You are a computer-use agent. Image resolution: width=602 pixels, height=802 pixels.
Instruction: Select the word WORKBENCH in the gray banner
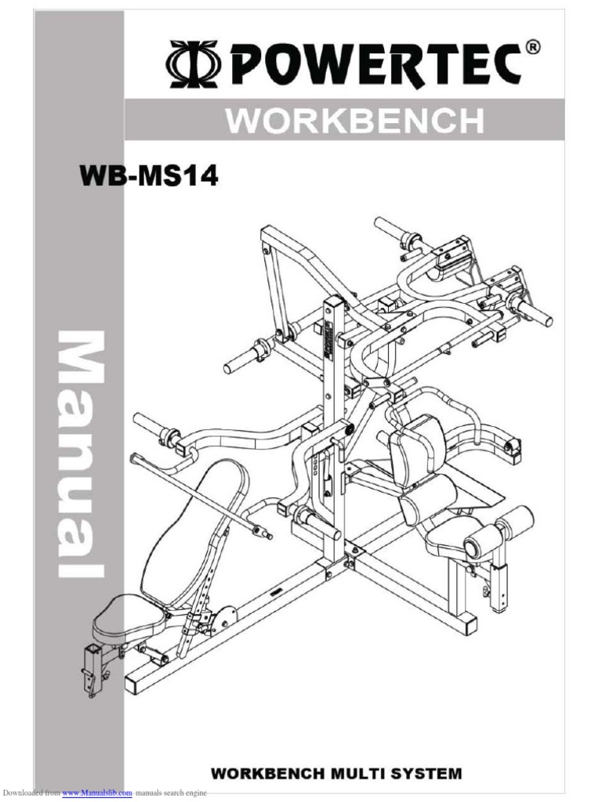(354, 122)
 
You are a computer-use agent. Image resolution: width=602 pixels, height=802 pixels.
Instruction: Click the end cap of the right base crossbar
(468, 624)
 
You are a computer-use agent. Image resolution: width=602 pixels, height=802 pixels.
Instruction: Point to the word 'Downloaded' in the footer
(20, 794)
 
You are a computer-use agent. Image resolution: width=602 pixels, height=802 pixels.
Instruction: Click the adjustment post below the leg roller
(498, 583)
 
